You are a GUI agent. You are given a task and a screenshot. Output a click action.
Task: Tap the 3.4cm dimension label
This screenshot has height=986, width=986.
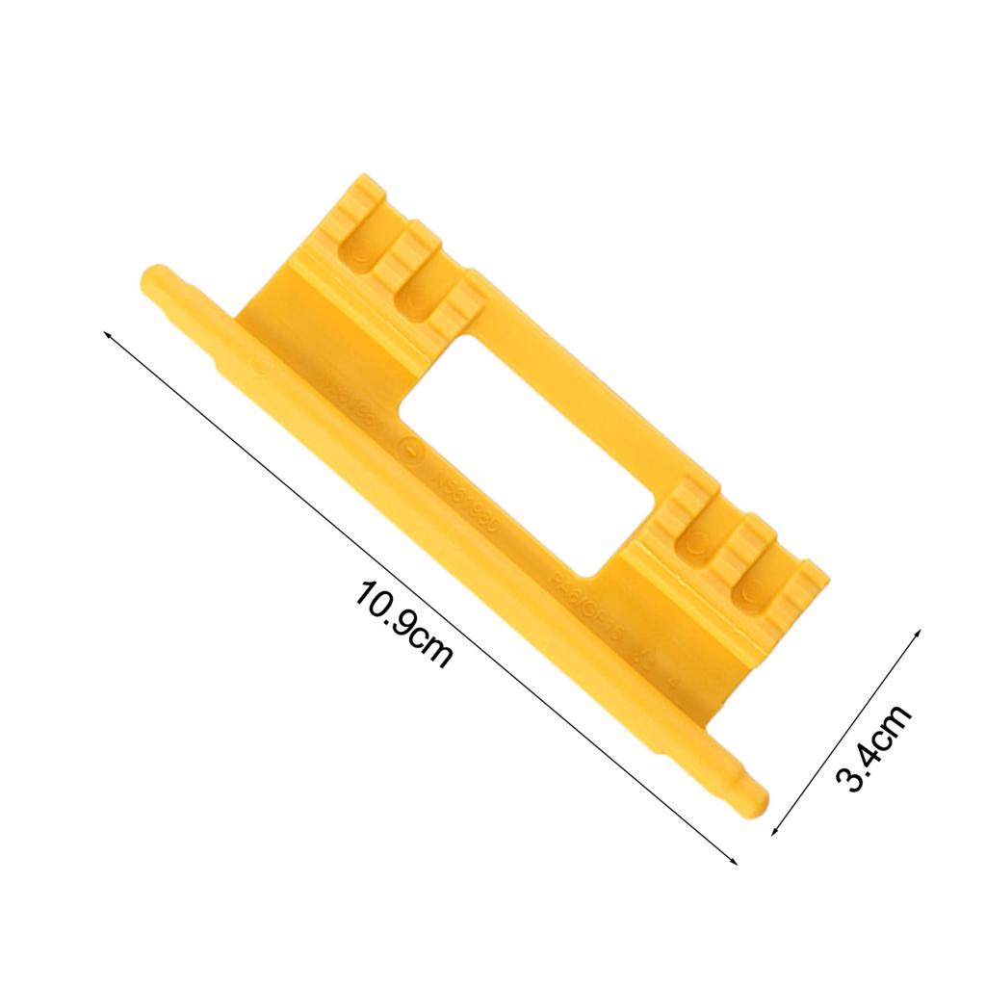point(872,747)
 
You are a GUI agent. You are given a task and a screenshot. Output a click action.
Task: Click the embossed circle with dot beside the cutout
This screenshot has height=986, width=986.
point(412,450)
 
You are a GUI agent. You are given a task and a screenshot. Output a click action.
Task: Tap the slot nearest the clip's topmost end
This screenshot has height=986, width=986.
point(363,246)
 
